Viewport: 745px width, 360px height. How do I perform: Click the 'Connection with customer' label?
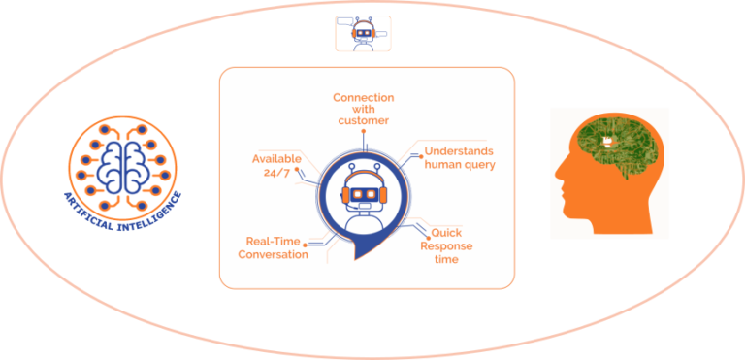[x=364, y=110]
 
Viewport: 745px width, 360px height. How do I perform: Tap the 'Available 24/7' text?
[x=276, y=165]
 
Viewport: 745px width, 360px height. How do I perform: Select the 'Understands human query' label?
[x=460, y=157]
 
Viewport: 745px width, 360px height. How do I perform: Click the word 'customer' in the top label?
[x=364, y=121]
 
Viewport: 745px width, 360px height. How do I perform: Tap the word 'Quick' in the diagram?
[x=446, y=233]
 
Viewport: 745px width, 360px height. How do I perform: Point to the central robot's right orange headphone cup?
[x=387, y=196]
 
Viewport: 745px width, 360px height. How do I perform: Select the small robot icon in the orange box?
[x=363, y=33]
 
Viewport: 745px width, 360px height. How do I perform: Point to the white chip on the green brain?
[x=607, y=143]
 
